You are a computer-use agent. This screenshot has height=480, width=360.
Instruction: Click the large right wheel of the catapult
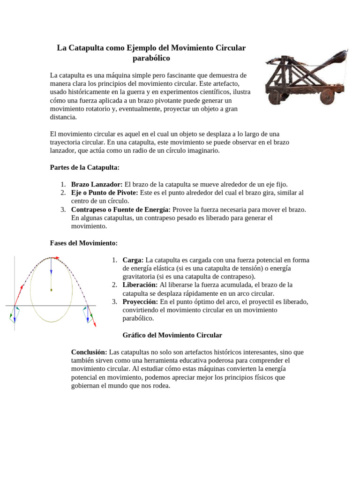[x=327, y=96]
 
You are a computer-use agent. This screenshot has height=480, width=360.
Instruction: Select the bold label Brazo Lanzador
[x=97, y=184]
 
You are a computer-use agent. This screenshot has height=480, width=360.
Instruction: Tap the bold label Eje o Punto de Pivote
[x=104, y=193]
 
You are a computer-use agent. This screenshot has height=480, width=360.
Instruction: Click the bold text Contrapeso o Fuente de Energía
[x=121, y=210]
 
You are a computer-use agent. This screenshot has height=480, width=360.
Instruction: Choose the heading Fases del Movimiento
[x=83, y=243]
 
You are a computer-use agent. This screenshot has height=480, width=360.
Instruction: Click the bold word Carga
[x=133, y=260]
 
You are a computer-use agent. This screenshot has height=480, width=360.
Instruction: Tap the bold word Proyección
[x=140, y=302]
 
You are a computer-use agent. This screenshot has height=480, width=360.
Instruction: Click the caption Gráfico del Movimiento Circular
[x=172, y=335]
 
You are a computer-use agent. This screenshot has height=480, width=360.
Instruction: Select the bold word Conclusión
[x=89, y=352]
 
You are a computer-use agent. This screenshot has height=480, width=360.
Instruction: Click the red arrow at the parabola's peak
[x=54, y=257]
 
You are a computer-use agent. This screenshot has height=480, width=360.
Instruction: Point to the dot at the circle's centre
[x=51, y=290]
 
